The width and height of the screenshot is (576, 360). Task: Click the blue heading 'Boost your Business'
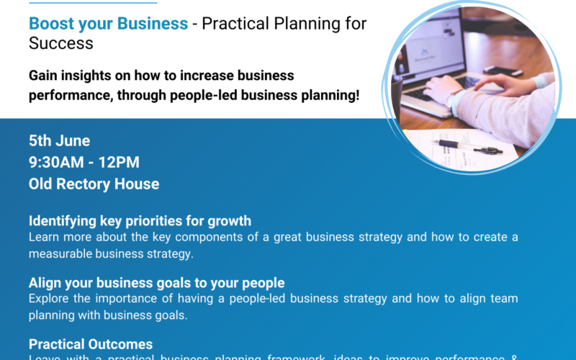[108, 23]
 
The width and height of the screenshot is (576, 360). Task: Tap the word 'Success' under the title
[61, 42]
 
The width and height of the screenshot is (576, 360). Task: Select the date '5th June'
[59, 140]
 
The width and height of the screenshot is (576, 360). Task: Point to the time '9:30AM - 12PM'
[84, 162]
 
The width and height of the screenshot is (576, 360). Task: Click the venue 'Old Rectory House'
[94, 184]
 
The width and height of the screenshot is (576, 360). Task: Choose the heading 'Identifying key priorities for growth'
[140, 221]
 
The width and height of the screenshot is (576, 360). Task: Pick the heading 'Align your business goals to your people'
[156, 282]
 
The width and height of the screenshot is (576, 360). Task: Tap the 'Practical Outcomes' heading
[91, 344]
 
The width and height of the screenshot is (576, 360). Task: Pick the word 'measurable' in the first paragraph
[63, 253]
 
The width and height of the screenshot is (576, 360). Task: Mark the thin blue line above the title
[93, 2]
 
